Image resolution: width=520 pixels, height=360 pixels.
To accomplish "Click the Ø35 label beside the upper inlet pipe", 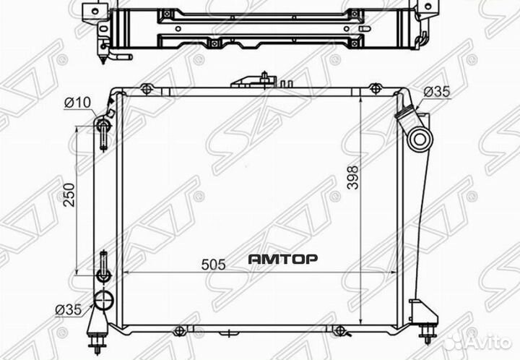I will [x=436, y=92].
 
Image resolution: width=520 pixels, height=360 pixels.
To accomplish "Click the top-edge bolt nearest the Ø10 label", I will [x=147, y=89].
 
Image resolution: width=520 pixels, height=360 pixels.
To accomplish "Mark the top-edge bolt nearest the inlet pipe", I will [x=374, y=89].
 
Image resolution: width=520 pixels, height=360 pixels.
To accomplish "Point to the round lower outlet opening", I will [x=104, y=301].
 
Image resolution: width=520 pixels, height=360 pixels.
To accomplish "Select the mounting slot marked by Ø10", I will [x=103, y=133].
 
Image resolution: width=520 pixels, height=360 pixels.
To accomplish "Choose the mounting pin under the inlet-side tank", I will [x=430, y=334].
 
